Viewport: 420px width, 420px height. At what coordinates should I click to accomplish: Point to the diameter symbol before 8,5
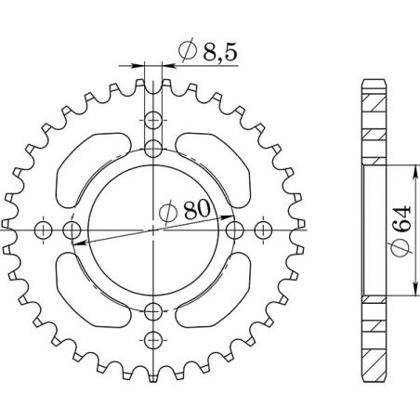185,53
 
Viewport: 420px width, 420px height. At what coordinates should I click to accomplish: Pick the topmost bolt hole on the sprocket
154,122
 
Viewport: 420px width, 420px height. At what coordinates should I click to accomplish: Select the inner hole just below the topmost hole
154,149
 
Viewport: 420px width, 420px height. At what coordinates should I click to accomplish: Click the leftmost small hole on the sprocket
41,230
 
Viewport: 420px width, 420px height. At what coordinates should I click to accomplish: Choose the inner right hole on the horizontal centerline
234,230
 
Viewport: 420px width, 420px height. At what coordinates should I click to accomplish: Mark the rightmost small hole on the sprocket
266,230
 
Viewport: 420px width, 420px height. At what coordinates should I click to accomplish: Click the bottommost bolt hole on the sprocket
154,340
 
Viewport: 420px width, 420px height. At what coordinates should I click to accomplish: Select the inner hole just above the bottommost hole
154,310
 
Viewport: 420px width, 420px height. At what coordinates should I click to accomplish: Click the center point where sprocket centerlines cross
154,230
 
